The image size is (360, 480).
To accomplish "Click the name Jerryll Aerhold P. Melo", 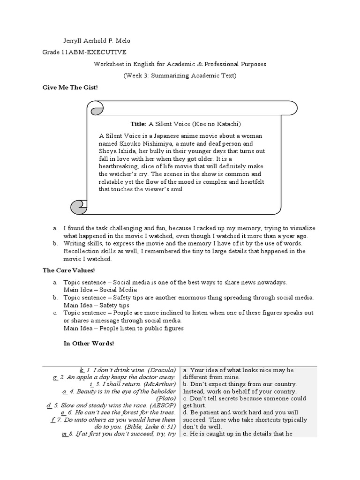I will point(99,40).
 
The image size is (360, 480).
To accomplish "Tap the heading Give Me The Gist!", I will point(70,88).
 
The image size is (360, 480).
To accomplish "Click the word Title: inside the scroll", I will point(138,124).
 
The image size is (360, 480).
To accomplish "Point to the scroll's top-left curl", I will point(97,110).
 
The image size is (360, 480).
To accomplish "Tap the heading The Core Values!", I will point(68,270).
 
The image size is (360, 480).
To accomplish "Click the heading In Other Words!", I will point(89,344).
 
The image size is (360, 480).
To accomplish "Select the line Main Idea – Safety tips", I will point(97,305).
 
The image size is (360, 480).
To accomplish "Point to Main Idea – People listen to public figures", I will point(124,328).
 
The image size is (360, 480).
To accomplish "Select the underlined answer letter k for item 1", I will point(82,370).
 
